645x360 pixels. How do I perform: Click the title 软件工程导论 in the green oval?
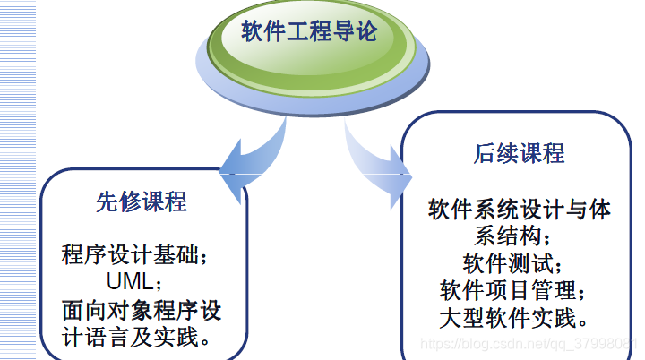pos(308,33)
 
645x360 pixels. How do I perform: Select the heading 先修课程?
pos(142,201)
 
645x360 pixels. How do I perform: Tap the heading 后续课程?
pos(520,153)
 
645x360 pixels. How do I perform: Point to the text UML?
pos(130,282)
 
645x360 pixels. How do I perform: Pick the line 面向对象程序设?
pos(142,311)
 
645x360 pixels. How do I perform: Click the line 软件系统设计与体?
pos(520,210)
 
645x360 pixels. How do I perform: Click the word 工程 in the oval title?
pos(308,33)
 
